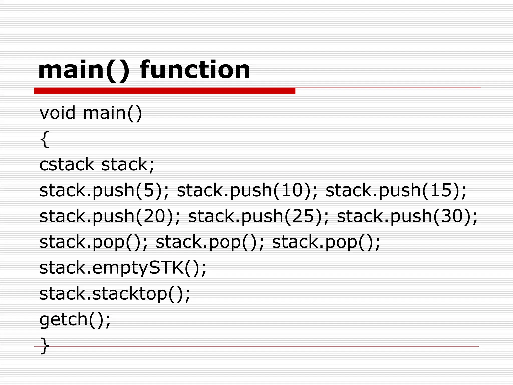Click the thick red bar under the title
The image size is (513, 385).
pyautogui.click(x=165, y=91)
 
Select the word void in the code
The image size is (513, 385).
pyautogui.click(x=57, y=113)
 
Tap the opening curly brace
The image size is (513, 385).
pyautogui.click(x=44, y=139)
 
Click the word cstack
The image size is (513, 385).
pyautogui.click(x=67, y=164)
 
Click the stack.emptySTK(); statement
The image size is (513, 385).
pyautogui.click(x=123, y=268)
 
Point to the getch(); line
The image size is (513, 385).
pyautogui.click(x=75, y=319)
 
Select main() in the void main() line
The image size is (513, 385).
pyautogui.click(x=112, y=113)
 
